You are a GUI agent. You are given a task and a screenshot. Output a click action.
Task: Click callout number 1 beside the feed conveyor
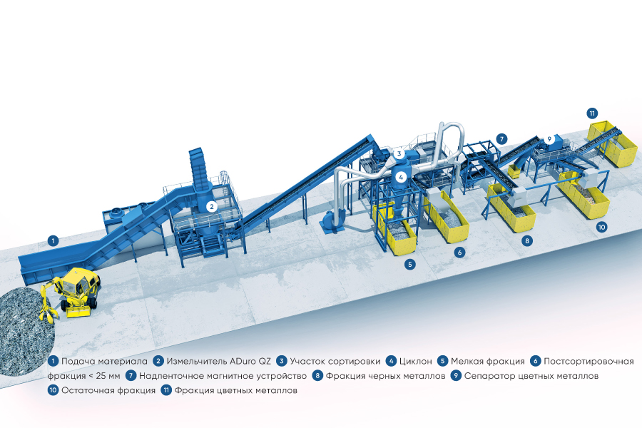pos(53,240)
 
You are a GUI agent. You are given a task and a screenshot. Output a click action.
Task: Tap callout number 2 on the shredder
pos(211,206)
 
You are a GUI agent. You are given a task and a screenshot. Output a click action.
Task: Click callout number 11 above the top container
pos(592,113)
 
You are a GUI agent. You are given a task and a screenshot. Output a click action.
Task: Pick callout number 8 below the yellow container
pos(527,241)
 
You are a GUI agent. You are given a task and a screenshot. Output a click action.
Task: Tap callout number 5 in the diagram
pos(410,264)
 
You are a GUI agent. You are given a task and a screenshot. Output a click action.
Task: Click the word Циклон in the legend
pos(415,361)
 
